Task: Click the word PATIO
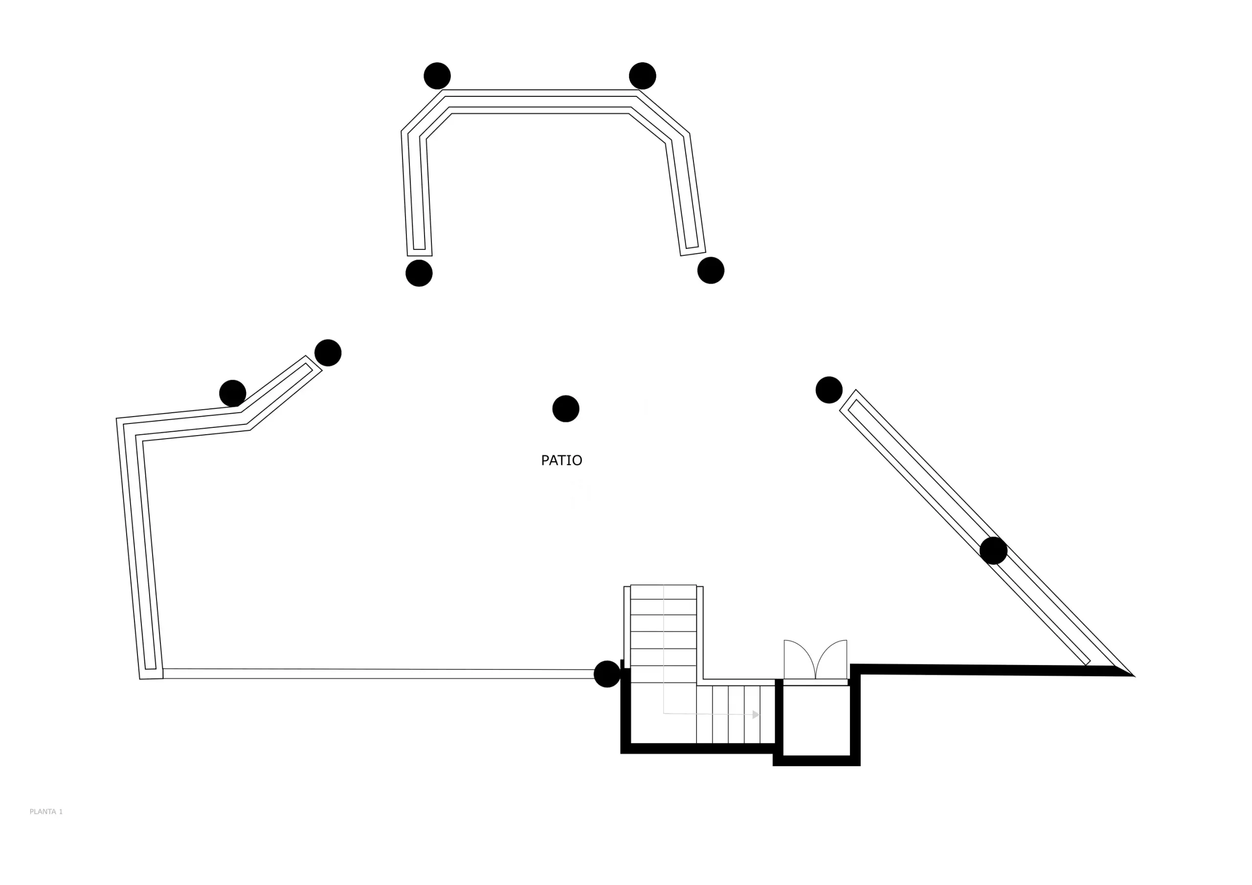[561, 460]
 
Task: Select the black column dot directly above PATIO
[565, 408]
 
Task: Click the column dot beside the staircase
[607, 674]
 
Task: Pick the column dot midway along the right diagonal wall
[993, 551]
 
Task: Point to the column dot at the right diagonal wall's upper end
[829, 390]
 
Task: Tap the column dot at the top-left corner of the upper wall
[437, 76]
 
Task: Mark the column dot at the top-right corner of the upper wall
[642, 76]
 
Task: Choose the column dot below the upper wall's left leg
[419, 273]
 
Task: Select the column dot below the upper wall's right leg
[711, 270]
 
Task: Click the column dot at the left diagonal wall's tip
[328, 353]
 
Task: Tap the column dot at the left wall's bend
[232, 394]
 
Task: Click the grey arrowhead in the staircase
[756, 714]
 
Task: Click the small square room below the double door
[816, 720]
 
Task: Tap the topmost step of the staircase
[663, 592]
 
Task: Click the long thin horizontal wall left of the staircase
[379, 674]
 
